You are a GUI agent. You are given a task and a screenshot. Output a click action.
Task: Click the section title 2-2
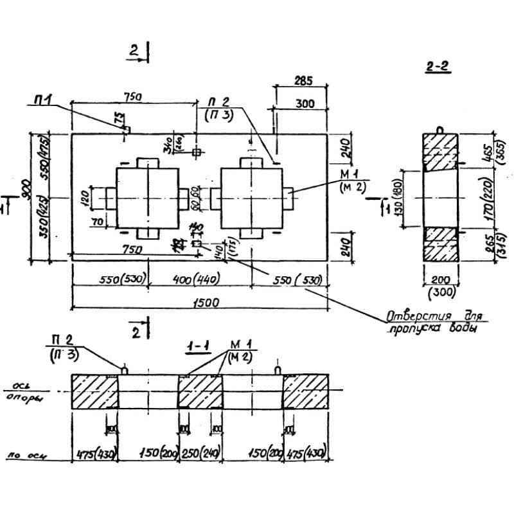point(436,66)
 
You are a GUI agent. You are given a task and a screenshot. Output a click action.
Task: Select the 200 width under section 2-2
point(439,279)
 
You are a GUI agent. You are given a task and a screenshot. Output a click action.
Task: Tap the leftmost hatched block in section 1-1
point(94,391)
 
